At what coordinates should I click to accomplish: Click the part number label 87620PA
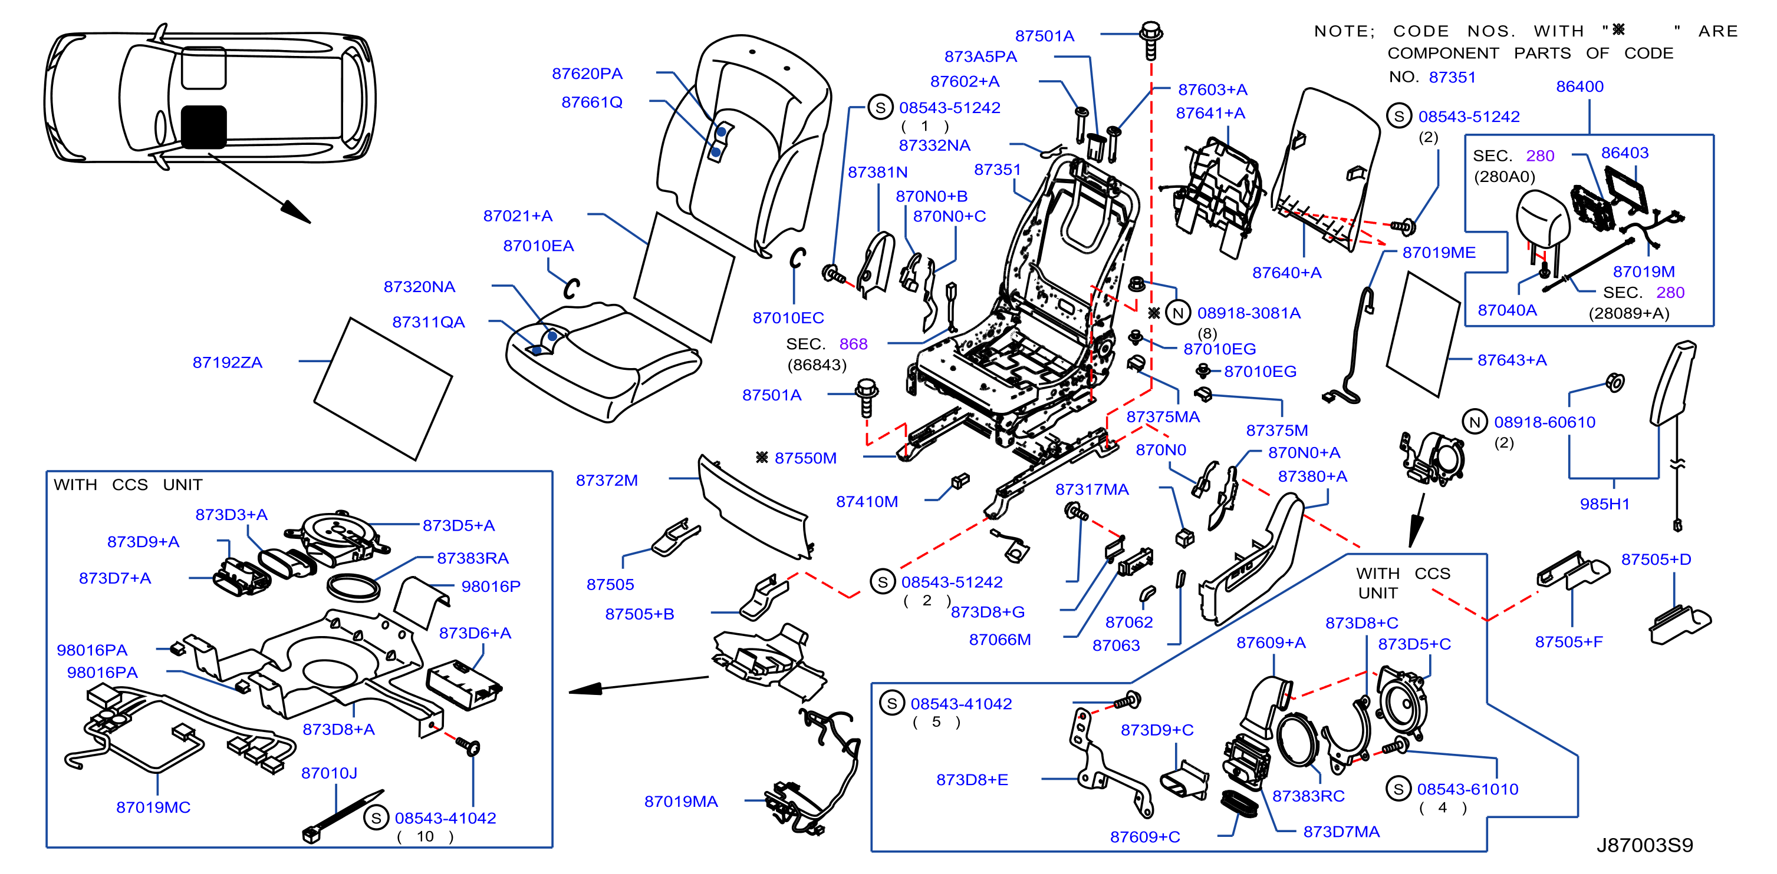587,73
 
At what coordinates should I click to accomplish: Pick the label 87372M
607,481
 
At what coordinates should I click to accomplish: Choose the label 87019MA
681,801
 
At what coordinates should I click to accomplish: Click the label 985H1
1604,504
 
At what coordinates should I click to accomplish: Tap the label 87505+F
1569,642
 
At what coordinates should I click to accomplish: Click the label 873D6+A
475,633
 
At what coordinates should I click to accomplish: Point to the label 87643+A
1512,360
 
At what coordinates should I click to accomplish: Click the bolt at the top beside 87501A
1151,41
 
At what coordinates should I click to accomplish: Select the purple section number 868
853,343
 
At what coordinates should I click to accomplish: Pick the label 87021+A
518,216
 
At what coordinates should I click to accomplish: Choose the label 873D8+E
972,780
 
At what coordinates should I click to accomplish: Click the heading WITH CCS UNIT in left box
129,485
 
